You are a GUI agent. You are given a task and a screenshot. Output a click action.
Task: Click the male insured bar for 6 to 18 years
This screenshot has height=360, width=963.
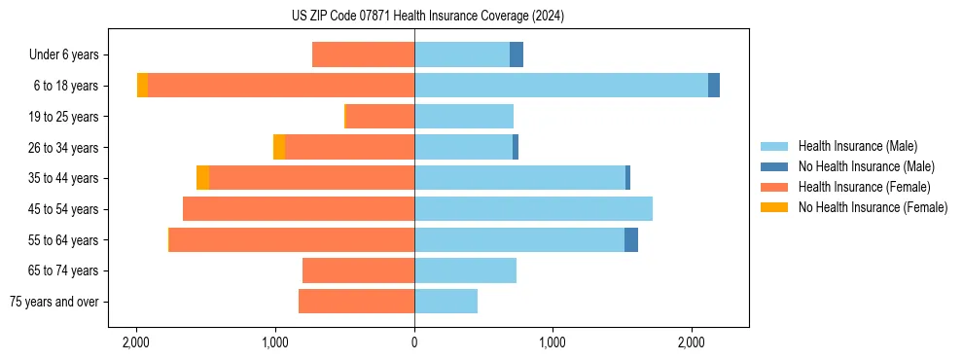click(560, 86)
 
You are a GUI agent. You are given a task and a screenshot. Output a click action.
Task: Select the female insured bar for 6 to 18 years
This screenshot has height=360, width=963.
click(280, 86)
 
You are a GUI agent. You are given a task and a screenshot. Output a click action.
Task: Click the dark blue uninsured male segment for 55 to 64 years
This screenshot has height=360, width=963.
click(631, 239)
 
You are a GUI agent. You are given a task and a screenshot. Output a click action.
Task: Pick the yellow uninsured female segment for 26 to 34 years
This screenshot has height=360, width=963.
click(279, 147)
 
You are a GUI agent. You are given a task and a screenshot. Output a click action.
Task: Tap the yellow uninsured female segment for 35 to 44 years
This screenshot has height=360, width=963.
click(202, 178)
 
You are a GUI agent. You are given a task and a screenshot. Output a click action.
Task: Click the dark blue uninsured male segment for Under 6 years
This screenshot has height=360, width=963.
click(517, 54)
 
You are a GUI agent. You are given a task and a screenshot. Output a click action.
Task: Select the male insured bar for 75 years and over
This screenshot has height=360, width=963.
click(446, 302)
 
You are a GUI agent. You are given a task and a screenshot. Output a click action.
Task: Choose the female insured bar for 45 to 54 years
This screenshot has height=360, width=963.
click(298, 209)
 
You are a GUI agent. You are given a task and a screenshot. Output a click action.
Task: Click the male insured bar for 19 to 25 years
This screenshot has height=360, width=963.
click(463, 117)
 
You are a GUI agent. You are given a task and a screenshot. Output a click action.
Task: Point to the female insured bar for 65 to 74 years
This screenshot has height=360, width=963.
click(358, 270)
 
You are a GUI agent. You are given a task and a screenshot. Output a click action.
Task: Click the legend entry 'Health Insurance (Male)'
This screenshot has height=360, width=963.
click(857, 146)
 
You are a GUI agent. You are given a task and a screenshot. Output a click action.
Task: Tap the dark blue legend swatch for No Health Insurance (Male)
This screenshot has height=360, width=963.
click(774, 166)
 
